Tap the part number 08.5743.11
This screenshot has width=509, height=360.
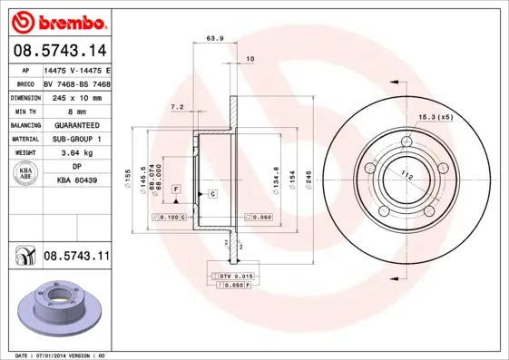[x=76, y=258]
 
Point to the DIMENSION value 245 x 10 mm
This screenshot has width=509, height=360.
[x=76, y=96]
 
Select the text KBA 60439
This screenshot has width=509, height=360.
[x=77, y=180]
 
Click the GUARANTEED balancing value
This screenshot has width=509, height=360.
[x=76, y=124]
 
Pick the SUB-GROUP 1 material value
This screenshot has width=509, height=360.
[x=76, y=139]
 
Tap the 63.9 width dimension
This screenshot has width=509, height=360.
[x=215, y=38]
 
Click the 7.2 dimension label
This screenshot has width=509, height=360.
[x=178, y=107]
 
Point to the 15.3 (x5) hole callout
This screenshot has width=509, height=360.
[x=436, y=116]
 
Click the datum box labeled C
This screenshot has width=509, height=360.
[x=212, y=194]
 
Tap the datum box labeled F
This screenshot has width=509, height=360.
[x=176, y=188]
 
